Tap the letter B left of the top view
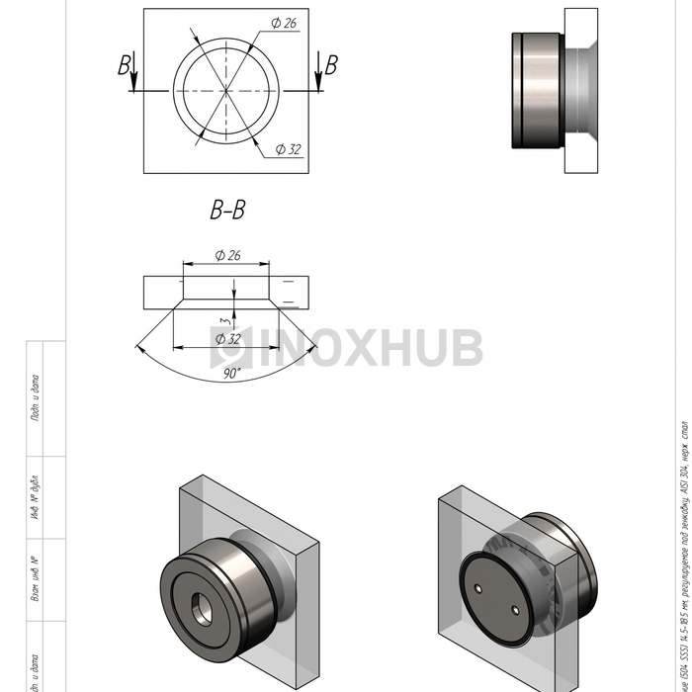[123, 65]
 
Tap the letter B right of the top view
[331, 65]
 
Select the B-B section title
[226, 210]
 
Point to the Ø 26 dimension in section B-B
[226, 255]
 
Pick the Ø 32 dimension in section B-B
[226, 339]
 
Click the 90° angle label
[232, 375]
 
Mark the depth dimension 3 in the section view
[225, 321]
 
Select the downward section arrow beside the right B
[317, 74]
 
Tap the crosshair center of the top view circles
[226, 91]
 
